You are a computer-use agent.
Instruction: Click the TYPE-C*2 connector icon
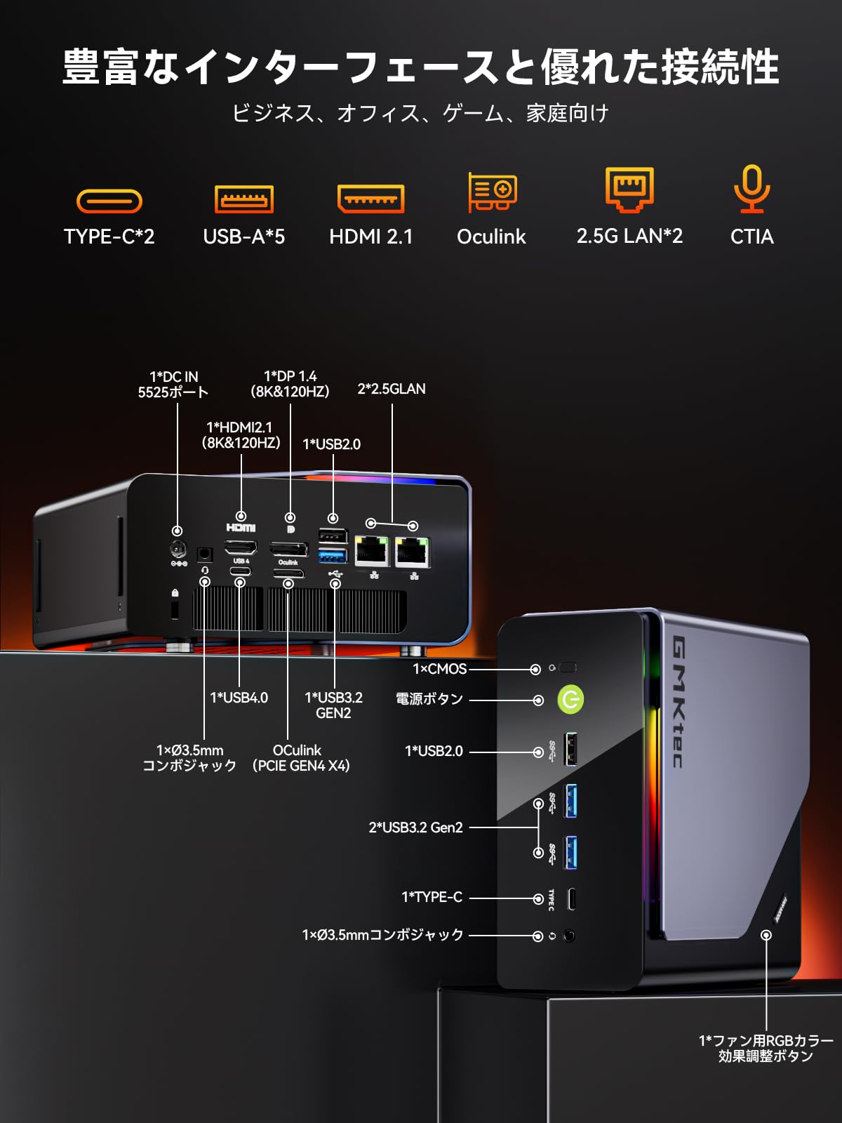tap(109, 201)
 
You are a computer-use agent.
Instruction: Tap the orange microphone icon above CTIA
tap(751, 188)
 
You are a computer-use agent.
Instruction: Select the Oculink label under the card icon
tap(491, 237)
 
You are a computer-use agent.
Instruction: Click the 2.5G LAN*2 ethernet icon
tap(629, 189)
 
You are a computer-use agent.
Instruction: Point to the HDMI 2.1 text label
tap(371, 237)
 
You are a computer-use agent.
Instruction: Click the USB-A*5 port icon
tap(243, 199)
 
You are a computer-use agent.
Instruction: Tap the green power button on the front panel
tap(570, 699)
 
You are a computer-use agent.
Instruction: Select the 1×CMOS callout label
tap(440, 669)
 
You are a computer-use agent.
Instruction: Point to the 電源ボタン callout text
tap(429, 699)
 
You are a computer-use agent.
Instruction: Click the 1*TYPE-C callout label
tap(432, 897)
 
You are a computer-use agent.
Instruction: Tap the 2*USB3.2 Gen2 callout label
tap(416, 828)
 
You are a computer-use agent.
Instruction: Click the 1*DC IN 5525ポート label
tap(173, 385)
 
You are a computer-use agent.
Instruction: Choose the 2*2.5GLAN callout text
tap(392, 389)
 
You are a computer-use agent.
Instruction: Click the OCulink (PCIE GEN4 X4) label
tap(300, 758)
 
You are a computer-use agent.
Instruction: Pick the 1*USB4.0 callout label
tap(239, 698)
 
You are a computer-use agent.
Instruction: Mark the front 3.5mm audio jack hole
tap(569, 936)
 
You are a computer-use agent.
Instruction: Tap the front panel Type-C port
tap(571, 898)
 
